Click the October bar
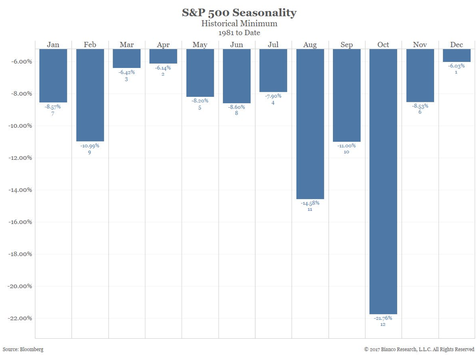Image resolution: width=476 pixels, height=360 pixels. click(x=383, y=181)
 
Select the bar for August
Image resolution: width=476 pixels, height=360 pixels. click(x=310, y=123)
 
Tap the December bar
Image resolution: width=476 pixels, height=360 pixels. click(x=456, y=55)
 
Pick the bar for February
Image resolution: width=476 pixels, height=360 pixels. click(x=90, y=95)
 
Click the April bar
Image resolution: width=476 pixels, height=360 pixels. click(x=163, y=56)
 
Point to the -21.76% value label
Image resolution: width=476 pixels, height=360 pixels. click(x=383, y=318)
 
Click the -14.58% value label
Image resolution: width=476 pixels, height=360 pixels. click(x=310, y=203)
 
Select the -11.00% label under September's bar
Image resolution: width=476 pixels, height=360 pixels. click(x=347, y=146)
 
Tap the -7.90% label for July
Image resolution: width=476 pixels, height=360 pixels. click(x=273, y=96)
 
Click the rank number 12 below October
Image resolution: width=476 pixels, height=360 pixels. click(x=383, y=325)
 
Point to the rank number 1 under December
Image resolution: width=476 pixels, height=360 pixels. click(x=456, y=72)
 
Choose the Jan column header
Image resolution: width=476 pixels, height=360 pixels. click(x=53, y=45)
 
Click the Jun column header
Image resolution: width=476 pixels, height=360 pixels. click(x=237, y=45)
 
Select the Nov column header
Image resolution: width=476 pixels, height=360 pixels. click(x=420, y=45)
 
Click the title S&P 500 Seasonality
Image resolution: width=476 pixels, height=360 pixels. click(x=239, y=13)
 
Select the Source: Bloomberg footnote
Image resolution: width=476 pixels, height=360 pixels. click(x=23, y=349)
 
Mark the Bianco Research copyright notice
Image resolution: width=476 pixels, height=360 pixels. click(x=419, y=349)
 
